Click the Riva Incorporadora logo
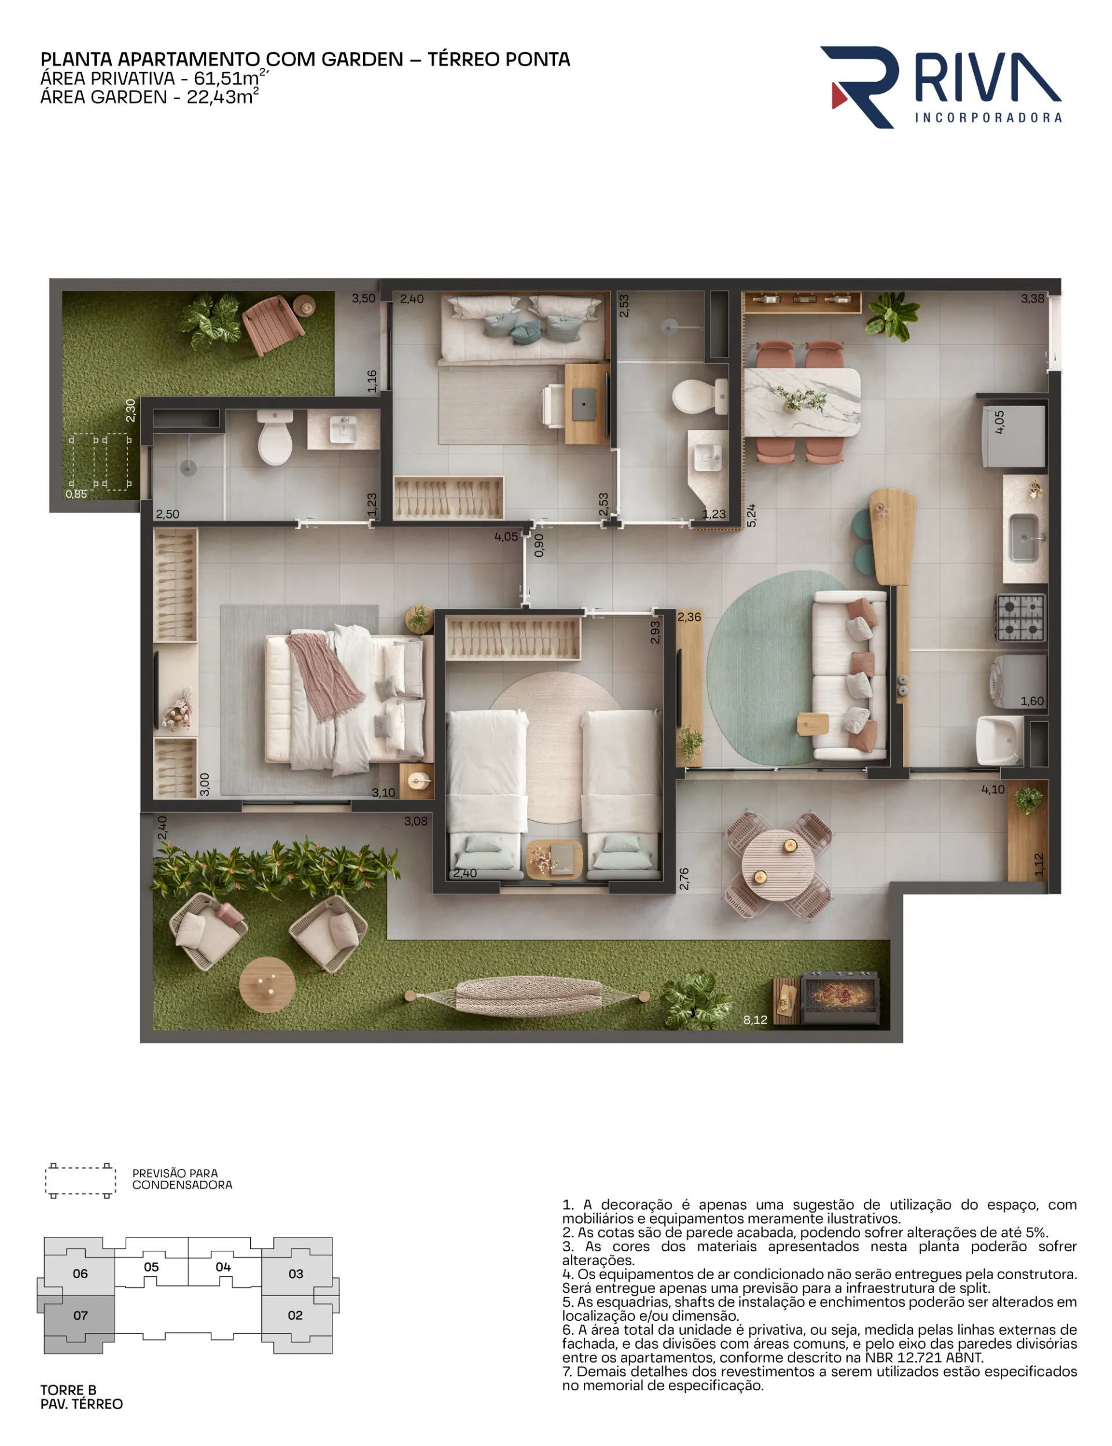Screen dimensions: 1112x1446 click(x=941, y=87)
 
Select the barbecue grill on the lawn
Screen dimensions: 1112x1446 click(x=840, y=998)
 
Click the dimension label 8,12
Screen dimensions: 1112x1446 click(x=755, y=1020)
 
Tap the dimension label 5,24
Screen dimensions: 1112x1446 click(x=751, y=515)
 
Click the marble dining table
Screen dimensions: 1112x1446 click(x=802, y=402)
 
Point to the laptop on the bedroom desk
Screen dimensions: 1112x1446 click(x=584, y=403)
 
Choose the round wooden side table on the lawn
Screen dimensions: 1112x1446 click(x=268, y=984)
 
